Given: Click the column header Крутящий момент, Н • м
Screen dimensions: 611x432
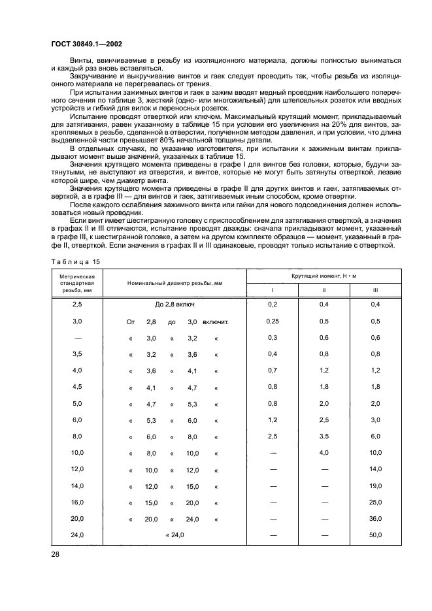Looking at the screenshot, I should [x=324, y=277].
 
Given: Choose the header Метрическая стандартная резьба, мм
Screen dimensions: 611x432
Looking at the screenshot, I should [x=78, y=284].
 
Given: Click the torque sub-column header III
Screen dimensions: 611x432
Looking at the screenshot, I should [x=375, y=291].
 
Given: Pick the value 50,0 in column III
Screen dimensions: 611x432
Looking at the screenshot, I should [x=375, y=535].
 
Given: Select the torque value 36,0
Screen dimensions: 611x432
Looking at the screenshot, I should [x=375, y=519].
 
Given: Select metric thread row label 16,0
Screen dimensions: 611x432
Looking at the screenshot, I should [x=78, y=503].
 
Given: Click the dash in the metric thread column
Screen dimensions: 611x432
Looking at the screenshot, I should [x=78, y=337].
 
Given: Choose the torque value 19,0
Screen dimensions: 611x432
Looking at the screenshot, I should [x=375, y=486].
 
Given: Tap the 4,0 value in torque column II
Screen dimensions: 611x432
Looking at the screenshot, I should [x=324, y=453].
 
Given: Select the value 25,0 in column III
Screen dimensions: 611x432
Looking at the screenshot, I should [x=375, y=503].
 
